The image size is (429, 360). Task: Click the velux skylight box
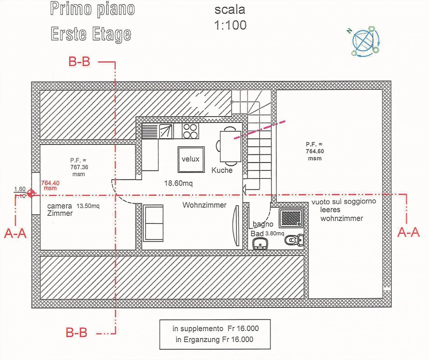tap(191, 159)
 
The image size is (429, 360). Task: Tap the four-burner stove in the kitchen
tap(190, 131)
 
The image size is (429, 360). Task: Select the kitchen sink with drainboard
tap(157, 131)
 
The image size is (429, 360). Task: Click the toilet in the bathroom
tap(293, 239)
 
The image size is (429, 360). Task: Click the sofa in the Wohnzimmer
tap(153, 223)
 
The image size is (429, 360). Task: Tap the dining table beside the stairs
tap(230, 146)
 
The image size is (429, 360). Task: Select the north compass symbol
tap(364, 41)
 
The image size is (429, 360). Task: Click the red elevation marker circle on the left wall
tap(31, 193)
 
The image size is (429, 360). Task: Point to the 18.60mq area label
tap(178, 183)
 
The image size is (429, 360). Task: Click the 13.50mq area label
tap(88, 206)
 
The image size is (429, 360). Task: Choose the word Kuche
tap(222, 170)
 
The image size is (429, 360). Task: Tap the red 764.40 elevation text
tap(50, 183)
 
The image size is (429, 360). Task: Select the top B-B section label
tap(79, 62)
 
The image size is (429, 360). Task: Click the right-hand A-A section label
tap(408, 232)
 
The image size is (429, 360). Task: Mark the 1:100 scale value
tap(230, 25)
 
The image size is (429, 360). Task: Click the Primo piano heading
tap(92, 9)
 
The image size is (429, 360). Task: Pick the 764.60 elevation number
tap(315, 151)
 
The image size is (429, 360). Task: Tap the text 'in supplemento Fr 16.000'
tap(215, 328)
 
